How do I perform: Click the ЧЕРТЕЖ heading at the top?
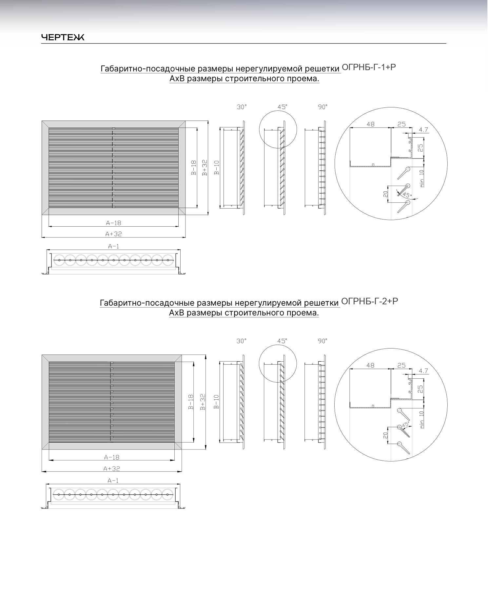63,38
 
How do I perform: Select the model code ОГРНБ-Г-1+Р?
369,67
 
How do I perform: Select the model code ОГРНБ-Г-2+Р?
370,301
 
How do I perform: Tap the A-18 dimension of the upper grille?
113,223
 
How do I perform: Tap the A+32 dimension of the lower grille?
112,469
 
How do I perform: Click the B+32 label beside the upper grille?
205,168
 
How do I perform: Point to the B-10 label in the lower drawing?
216,402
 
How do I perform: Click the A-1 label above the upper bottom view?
113,246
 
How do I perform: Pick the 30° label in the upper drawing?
242,107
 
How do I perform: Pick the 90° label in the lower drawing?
323,341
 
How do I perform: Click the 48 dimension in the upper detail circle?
370,124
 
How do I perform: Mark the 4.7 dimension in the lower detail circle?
423,371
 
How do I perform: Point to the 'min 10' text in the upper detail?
422,178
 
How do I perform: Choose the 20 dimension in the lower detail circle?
385,435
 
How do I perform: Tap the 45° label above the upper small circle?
282,107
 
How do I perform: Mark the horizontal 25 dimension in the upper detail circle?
401,124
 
